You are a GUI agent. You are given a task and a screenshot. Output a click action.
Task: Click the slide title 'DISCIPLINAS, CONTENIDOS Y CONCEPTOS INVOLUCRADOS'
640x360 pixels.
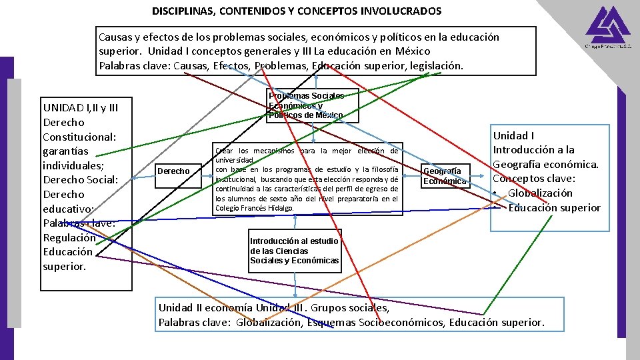pyautogui.click(x=296, y=11)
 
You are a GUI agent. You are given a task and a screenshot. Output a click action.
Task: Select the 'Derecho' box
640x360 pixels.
pyautogui.click(x=175, y=172)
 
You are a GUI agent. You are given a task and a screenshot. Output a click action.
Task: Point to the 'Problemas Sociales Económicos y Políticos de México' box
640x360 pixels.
pyautogui.click(x=307, y=105)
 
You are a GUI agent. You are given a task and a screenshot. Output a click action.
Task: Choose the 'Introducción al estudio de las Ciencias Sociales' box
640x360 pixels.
pyautogui.click(x=294, y=251)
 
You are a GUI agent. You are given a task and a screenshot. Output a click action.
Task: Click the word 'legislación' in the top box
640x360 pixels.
pyautogui.click(x=435, y=65)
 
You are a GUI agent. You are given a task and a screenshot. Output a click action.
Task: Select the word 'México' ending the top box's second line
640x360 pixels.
pyautogui.click(x=409, y=51)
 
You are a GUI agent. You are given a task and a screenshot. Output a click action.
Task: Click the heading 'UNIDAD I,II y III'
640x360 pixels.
pyautogui.click(x=80, y=107)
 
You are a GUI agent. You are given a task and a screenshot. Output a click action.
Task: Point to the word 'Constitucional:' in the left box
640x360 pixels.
pyautogui.click(x=79, y=137)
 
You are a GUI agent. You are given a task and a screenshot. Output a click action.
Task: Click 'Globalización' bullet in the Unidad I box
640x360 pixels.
pyautogui.click(x=540, y=193)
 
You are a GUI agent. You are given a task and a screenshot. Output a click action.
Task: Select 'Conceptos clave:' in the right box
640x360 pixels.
pyautogui.click(x=533, y=179)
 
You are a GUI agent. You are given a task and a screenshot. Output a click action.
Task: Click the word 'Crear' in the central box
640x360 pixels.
pyautogui.click(x=224, y=151)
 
